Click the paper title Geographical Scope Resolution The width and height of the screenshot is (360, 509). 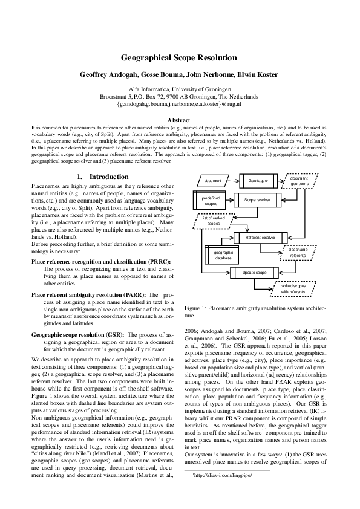pos(179,58)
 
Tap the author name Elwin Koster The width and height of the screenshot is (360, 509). pos(256,74)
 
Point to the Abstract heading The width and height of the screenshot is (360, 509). pos(179,120)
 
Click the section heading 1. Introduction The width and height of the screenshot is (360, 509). pos(103,177)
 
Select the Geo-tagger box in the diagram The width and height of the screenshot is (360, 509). pos(258,181)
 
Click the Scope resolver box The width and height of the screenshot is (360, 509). pos(258,199)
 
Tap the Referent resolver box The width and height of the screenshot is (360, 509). pos(260,238)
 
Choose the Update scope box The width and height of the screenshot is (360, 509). pos(255,273)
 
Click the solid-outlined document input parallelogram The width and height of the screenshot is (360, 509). pos(213,181)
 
